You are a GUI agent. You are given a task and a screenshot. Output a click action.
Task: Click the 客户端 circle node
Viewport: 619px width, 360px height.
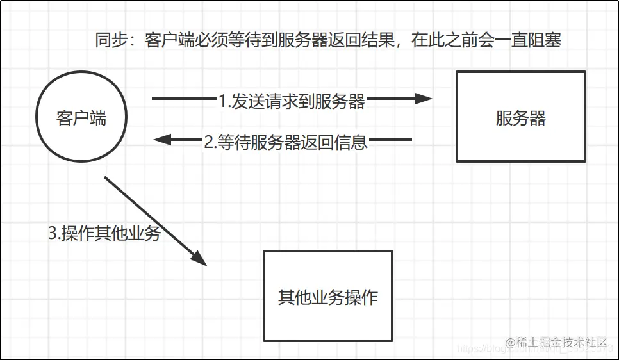81,119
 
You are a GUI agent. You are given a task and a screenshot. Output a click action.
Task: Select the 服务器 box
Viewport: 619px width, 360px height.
520,116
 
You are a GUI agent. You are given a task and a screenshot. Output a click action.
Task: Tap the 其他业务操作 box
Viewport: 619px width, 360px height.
327,295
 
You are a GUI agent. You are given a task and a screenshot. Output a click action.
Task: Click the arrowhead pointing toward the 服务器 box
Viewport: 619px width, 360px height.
424,99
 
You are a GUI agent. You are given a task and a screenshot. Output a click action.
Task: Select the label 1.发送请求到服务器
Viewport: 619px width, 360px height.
292,101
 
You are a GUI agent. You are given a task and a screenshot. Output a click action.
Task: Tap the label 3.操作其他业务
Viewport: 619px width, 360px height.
104,234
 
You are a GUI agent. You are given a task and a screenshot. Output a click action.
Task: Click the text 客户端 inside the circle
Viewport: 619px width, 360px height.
81,119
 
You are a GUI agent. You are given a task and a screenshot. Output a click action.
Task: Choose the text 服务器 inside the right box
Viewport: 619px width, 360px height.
520,119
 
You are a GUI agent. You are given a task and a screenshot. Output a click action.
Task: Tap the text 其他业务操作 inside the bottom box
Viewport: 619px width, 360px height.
327,298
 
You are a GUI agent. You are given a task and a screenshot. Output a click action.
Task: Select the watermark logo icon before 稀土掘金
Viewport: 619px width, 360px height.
511,343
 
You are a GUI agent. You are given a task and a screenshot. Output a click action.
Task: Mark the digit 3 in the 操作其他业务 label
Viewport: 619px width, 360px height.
53,234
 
